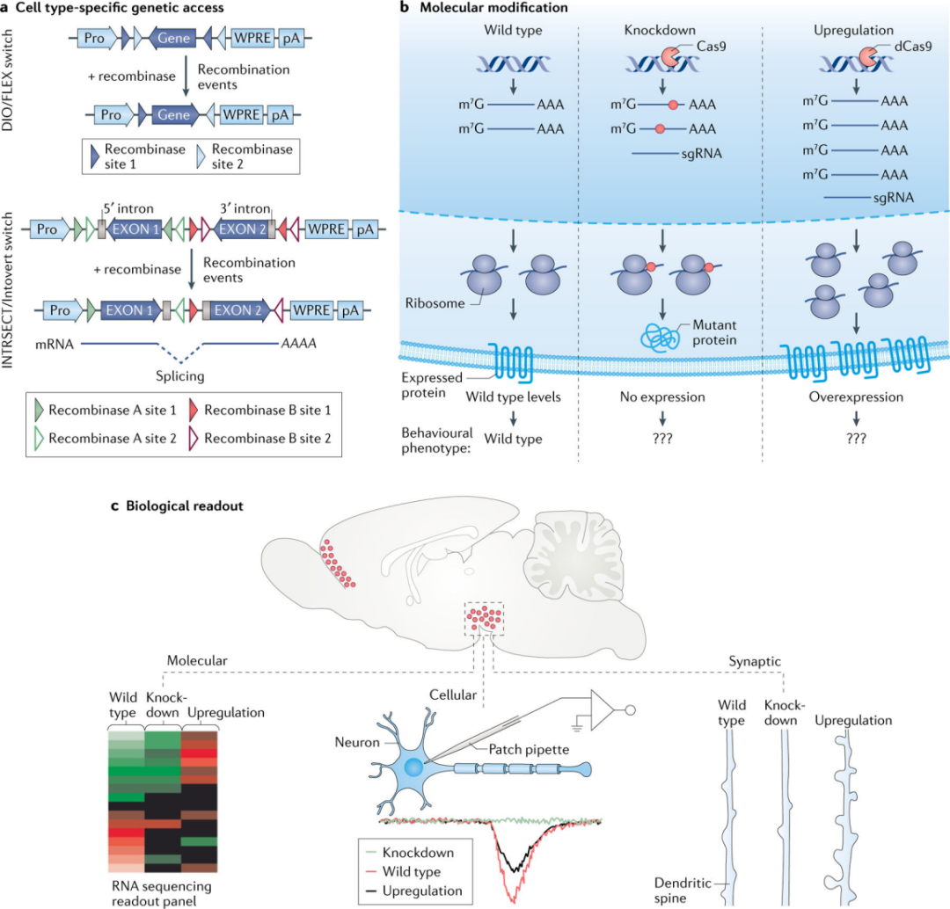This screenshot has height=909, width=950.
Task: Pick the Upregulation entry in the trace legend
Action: coord(425,891)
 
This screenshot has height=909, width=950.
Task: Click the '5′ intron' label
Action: coord(128,209)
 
